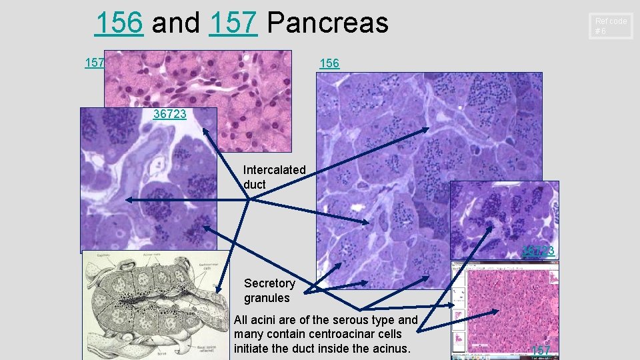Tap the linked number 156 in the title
[x=119, y=23]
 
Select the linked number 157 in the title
[x=233, y=23]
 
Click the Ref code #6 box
[x=611, y=26]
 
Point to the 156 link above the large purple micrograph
[x=329, y=63]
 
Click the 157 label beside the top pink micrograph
[x=94, y=63]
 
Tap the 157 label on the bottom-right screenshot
[x=541, y=350]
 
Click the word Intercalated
[x=275, y=170]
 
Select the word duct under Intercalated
[x=255, y=184]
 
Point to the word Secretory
[x=269, y=283]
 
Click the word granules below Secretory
[x=267, y=298]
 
